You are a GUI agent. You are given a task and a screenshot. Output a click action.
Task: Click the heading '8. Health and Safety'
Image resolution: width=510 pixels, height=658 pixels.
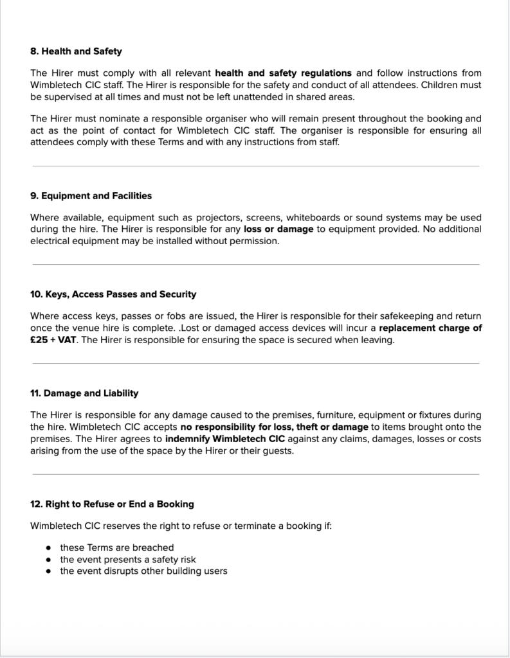[76, 51]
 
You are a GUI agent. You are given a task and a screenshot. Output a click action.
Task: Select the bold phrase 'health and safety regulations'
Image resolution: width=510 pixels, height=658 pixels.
[283, 73]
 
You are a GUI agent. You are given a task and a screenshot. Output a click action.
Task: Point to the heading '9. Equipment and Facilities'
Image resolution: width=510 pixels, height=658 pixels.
[91, 196]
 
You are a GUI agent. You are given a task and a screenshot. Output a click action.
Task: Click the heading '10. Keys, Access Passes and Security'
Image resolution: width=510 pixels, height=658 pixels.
[113, 294]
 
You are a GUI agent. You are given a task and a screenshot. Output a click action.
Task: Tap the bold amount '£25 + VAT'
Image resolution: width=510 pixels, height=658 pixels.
[53, 341]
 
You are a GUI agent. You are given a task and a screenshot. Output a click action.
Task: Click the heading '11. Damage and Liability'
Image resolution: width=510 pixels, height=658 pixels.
[84, 393]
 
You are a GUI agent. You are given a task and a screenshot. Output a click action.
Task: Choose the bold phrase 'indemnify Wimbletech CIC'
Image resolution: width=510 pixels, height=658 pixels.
[224, 439]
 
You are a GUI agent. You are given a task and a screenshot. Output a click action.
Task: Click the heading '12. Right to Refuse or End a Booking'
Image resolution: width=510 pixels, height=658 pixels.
[112, 504]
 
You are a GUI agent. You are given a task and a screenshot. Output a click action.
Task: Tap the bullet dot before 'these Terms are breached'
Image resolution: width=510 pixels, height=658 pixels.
[49, 547]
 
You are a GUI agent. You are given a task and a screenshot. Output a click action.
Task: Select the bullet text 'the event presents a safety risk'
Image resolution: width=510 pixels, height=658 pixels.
[127, 559]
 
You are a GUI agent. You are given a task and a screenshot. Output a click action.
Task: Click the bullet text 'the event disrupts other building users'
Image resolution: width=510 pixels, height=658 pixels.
[143, 571]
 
